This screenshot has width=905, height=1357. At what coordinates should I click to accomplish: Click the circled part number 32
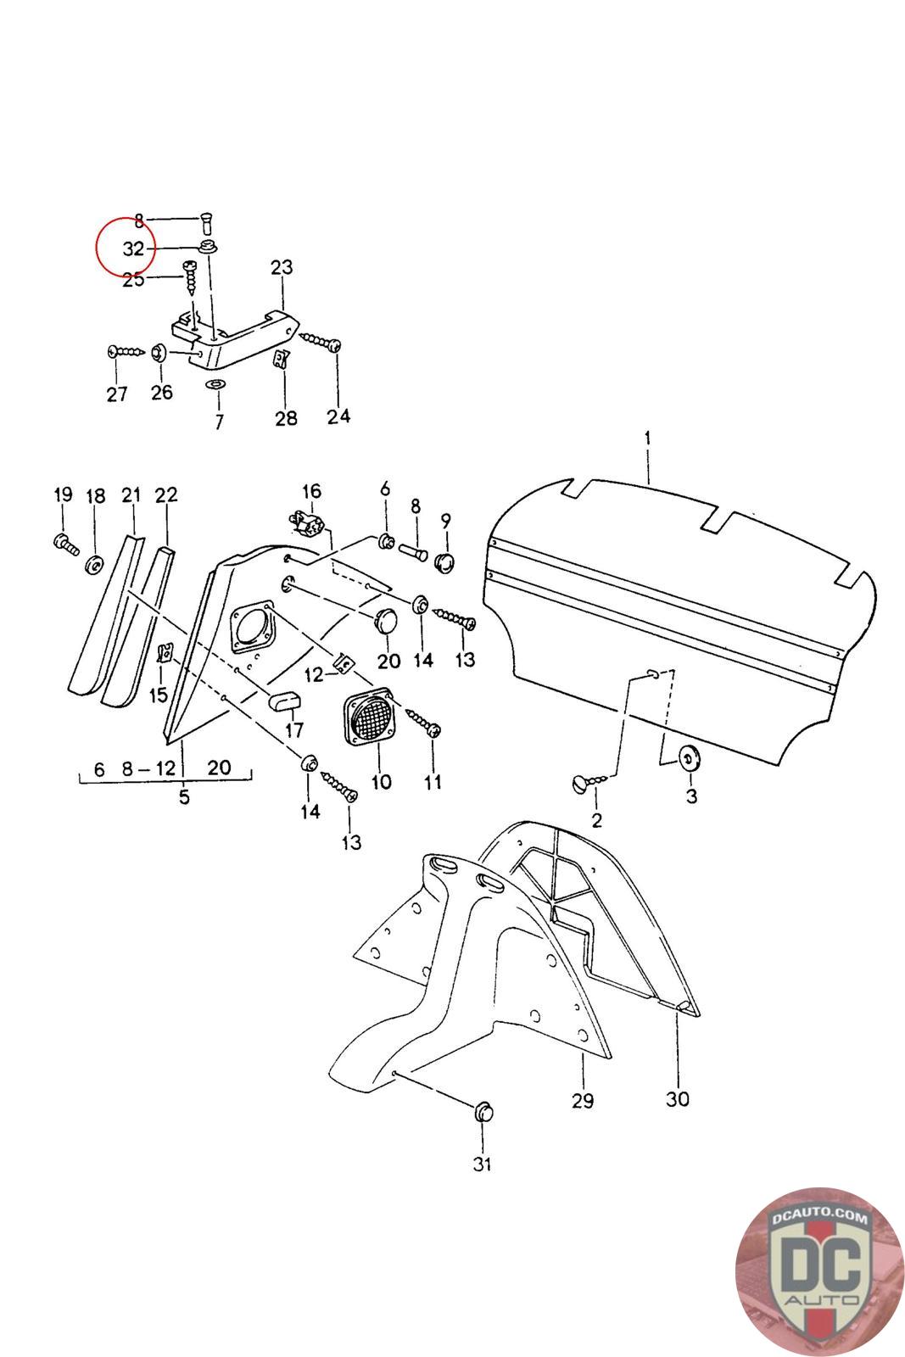(133, 249)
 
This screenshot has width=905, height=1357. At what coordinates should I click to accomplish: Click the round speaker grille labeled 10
(370, 718)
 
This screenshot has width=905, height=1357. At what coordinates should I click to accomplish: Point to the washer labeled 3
(688, 757)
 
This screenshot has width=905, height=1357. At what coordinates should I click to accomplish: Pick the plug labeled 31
(483, 1111)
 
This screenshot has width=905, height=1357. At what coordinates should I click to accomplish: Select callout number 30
(678, 1098)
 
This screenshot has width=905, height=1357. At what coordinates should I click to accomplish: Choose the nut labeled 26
(159, 352)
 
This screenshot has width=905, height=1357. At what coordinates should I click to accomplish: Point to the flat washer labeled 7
(216, 385)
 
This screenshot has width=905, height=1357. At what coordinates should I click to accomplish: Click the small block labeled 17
(283, 701)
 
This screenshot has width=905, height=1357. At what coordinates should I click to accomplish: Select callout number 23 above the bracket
(282, 268)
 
